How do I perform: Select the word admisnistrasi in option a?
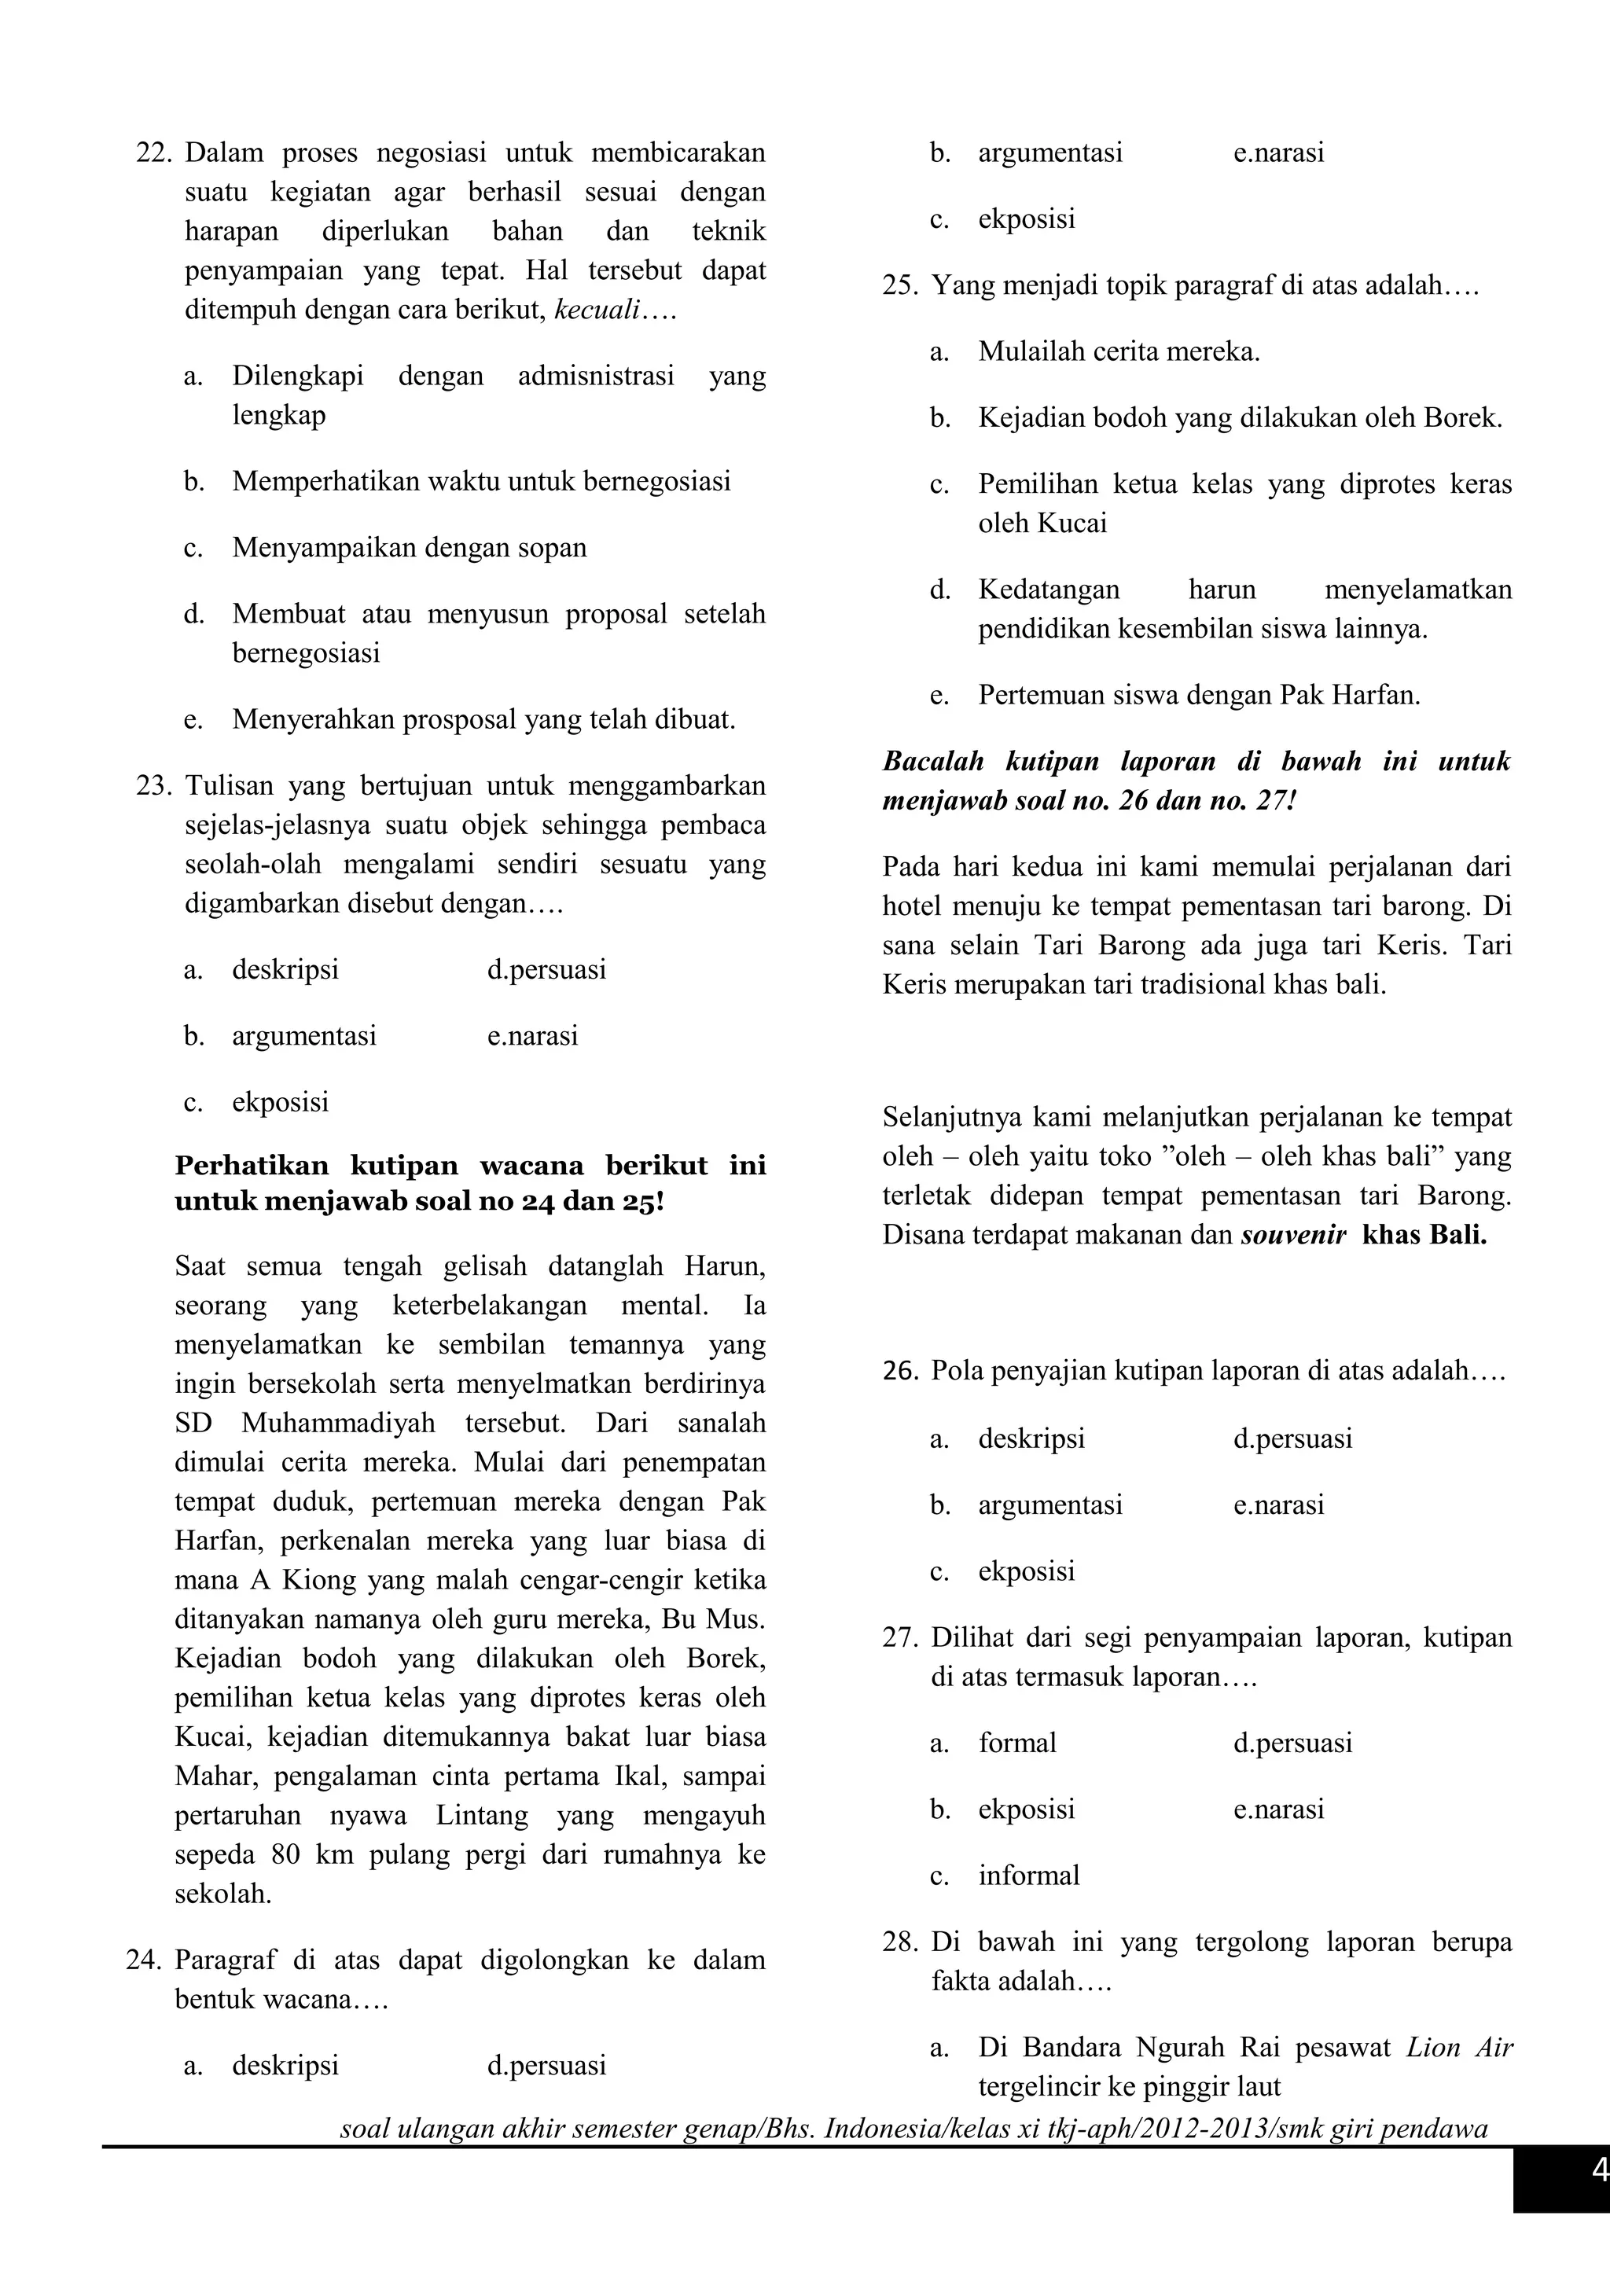coord(595,376)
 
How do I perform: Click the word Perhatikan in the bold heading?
coord(252,1165)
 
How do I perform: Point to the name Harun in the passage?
coord(725,1267)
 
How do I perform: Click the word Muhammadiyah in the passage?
coord(338,1424)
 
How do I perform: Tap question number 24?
coord(144,1960)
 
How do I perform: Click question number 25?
coord(901,287)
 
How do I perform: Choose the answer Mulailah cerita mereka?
coord(1118,352)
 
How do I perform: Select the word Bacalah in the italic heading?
coord(932,762)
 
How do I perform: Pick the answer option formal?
coord(1016,1743)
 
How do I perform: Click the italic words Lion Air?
coord(1459,2048)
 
